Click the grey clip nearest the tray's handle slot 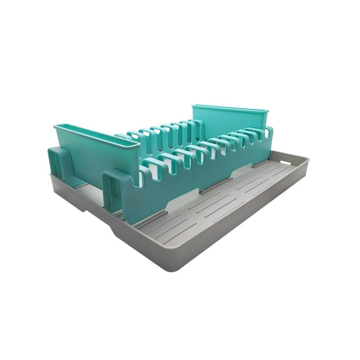pyautogui.click(x=260, y=164)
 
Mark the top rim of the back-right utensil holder pyautogui.click(x=230, y=108)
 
